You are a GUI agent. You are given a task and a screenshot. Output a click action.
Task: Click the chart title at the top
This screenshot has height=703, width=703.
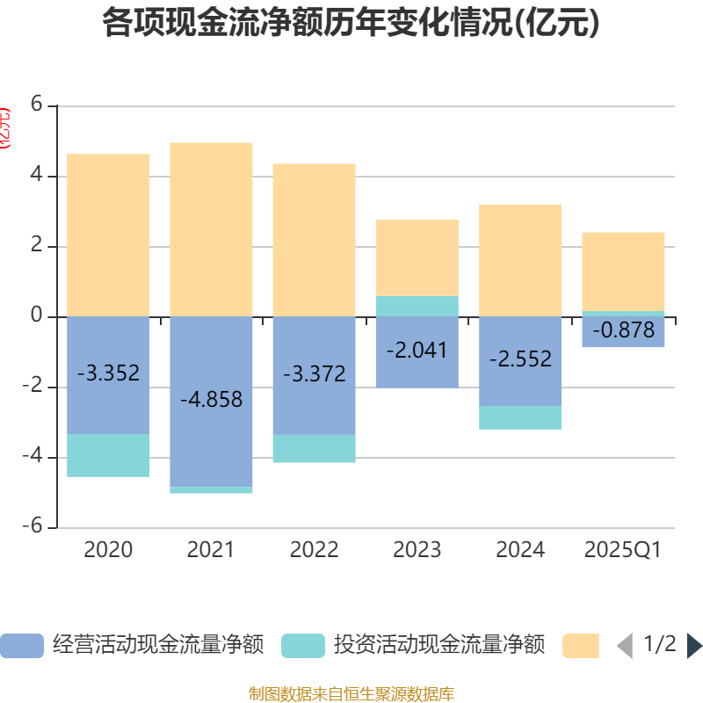[351, 24]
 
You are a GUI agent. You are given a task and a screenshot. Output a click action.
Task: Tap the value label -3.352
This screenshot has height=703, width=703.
[108, 373]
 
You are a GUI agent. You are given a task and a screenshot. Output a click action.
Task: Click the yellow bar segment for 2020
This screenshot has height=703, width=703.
[108, 235]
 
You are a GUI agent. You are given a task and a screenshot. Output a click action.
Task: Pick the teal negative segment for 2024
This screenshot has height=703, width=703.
[520, 417]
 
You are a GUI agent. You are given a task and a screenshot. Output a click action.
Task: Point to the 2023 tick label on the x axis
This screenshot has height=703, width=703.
[417, 550]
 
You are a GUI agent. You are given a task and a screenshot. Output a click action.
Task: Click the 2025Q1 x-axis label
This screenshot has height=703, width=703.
[623, 550]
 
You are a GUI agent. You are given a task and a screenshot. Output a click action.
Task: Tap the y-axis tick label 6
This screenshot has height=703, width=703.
[36, 105]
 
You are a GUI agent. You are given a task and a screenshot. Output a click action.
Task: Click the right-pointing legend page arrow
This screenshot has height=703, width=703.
[694, 646]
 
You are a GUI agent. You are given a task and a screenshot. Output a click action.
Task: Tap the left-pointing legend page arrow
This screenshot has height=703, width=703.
[625, 646]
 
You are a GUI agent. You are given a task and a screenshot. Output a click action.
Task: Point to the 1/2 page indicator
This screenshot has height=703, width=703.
[659, 644]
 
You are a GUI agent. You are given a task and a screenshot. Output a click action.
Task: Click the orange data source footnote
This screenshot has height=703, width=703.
[351, 694]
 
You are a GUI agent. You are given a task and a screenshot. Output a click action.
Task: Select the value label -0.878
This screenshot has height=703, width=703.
[624, 330]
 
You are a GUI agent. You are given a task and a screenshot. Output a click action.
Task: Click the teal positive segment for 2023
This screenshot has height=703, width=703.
[417, 306]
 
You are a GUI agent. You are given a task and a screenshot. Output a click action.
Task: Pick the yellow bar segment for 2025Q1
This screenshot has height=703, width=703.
[623, 271]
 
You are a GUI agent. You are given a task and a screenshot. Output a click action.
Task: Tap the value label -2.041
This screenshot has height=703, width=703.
[417, 351]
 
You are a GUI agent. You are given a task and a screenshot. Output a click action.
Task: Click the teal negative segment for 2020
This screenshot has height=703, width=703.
[108, 455]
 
